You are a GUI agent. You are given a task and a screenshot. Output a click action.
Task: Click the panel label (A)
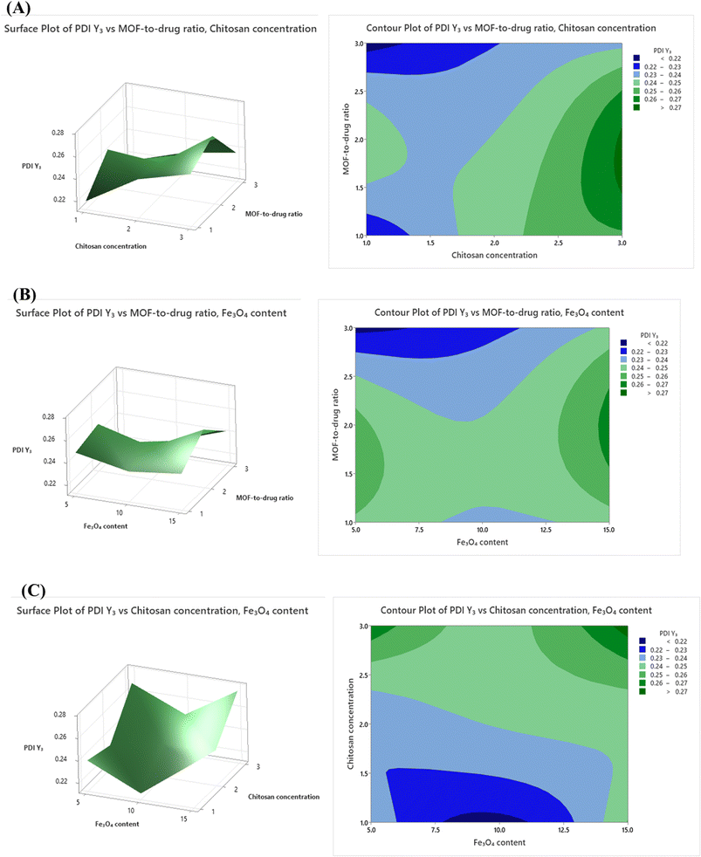[18, 8]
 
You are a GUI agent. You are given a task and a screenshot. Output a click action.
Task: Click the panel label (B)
[24, 294]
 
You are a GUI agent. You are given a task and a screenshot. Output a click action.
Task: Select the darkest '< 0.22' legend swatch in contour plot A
[636, 58]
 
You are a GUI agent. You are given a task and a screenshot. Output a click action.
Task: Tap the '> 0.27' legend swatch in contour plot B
[623, 393]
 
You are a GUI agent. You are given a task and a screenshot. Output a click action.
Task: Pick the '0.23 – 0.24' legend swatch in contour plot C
[642, 658]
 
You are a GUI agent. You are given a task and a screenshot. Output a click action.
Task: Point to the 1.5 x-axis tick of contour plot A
[430, 243]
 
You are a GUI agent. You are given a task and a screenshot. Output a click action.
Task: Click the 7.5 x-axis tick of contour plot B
[419, 529]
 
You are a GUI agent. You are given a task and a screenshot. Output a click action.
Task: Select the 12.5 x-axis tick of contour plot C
[563, 830]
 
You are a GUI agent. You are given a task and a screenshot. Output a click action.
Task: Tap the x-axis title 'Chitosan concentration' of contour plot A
[494, 255]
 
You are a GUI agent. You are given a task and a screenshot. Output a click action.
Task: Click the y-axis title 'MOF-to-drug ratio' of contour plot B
[336, 425]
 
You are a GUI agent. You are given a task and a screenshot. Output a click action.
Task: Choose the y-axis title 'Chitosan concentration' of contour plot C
[351, 723]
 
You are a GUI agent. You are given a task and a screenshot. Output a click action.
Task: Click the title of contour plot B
[498, 312]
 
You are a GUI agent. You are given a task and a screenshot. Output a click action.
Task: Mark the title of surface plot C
[162, 611]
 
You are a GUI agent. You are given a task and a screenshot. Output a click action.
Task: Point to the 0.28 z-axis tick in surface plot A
[58, 133]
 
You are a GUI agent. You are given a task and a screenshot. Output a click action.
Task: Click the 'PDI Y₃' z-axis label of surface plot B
[22, 449]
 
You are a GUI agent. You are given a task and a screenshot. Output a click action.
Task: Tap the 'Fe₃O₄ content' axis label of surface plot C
[117, 824]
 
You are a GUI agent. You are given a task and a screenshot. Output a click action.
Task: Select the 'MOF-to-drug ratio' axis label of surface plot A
[273, 214]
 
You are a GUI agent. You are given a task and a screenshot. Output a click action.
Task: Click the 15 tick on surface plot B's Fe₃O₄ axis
[172, 521]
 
